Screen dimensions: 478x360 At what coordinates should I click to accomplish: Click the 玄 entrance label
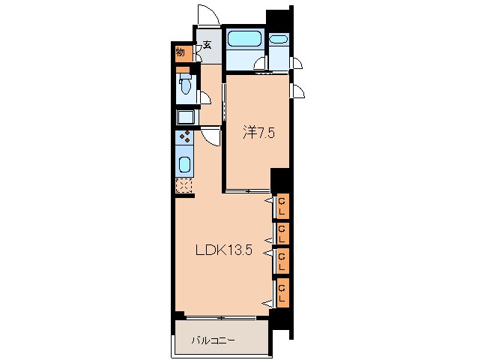pos(208,45)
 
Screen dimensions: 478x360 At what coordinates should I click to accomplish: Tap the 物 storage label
pos(181,52)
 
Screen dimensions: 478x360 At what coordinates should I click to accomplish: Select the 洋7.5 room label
pos(258,133)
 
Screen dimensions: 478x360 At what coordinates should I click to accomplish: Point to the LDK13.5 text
pos(224,250)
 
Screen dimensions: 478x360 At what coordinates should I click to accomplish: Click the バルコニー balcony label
pos(214,340)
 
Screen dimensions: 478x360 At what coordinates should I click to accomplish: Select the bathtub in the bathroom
pos(244,38)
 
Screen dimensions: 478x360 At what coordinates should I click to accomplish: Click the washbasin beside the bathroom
pos(279,40)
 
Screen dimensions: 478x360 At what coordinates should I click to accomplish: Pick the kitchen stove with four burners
pos(184,137)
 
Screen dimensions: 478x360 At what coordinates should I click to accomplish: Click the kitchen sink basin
pos(185,165)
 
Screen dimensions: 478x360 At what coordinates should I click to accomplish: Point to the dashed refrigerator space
pos(184,185)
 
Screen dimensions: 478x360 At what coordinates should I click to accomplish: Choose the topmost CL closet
pos(282,206)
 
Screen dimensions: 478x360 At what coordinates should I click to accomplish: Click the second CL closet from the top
pos(282,234)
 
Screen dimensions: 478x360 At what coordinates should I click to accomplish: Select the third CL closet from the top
pos(282,261)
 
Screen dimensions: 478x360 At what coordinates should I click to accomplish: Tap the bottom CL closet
pos(282,292)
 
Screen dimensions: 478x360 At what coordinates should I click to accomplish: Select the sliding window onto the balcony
pos(221,317)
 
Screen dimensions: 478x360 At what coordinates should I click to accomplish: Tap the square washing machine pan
pos(187,117)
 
